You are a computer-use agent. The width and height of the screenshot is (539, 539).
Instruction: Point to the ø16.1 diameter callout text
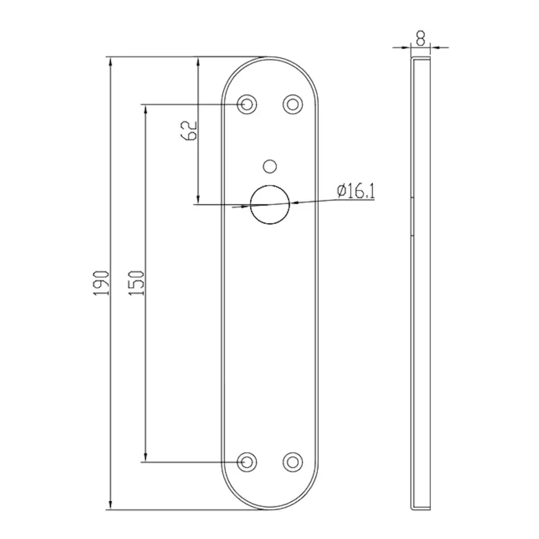pos(356,190)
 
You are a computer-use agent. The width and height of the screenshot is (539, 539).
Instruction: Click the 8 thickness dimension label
pos(420,37)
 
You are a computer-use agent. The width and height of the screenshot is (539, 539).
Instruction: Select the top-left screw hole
pos(246,103)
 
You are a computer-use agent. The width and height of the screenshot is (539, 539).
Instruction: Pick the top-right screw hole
pos(292,103)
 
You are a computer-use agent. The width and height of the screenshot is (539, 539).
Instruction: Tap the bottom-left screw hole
pos(246,461)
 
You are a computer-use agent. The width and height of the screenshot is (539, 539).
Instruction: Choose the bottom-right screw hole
pos(292,461)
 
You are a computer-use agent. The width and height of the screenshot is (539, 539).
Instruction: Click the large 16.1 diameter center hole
pos(270,204)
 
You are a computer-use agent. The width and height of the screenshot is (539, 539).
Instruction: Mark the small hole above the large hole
pos(270,166)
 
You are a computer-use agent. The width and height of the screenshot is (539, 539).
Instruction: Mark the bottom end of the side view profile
pos(420,507)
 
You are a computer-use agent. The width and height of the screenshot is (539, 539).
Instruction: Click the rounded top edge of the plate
pos(270,57)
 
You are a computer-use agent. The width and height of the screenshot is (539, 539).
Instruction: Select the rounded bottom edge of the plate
pos(270,509)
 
